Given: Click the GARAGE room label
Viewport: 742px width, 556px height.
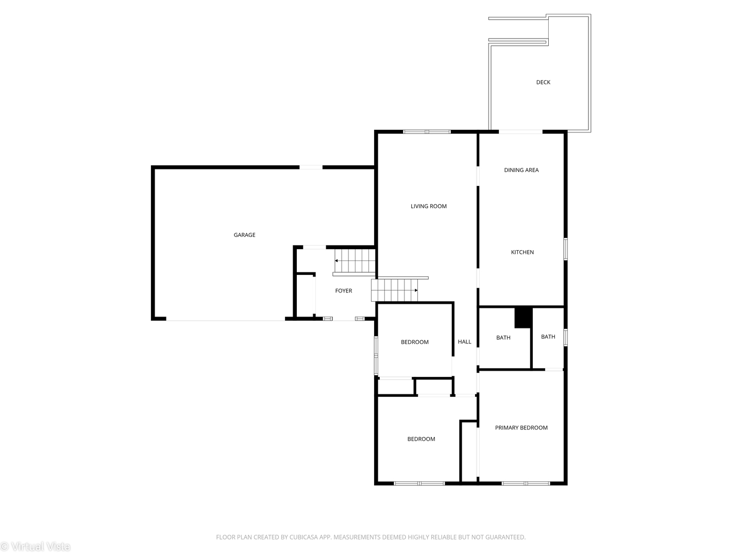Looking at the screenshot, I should [244, 235].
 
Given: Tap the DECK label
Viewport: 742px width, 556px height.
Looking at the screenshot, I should [543, 82].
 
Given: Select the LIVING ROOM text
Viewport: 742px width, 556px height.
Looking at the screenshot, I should [428, 206].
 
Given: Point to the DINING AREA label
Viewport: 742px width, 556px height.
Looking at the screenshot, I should [521, 170].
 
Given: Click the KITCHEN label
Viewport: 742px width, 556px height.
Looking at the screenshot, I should [522, 252].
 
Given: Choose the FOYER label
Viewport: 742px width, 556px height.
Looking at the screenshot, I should [343, 291].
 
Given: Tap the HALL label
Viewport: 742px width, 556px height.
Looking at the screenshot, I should [464, 342].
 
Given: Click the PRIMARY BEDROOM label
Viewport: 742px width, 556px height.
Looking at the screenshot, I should [521, 428].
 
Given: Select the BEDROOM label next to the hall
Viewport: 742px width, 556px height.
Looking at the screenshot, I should [414, 342].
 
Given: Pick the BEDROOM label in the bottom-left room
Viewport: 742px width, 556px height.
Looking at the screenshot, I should [421, 439].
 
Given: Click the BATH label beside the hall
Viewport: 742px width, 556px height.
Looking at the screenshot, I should [503, 338].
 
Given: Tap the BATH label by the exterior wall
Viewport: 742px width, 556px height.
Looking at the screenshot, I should [548, 337].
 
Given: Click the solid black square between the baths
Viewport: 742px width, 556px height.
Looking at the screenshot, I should [523, 317].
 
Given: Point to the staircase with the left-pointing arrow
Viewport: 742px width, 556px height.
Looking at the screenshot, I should [355, 261].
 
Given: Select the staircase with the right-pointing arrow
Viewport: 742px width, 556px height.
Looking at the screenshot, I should [395, 290].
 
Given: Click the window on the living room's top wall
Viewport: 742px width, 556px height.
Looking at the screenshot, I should [427, 132].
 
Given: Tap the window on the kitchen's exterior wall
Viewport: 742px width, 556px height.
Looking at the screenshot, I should [565, 249].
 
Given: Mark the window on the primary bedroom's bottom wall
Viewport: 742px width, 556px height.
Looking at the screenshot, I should [526, 483].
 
